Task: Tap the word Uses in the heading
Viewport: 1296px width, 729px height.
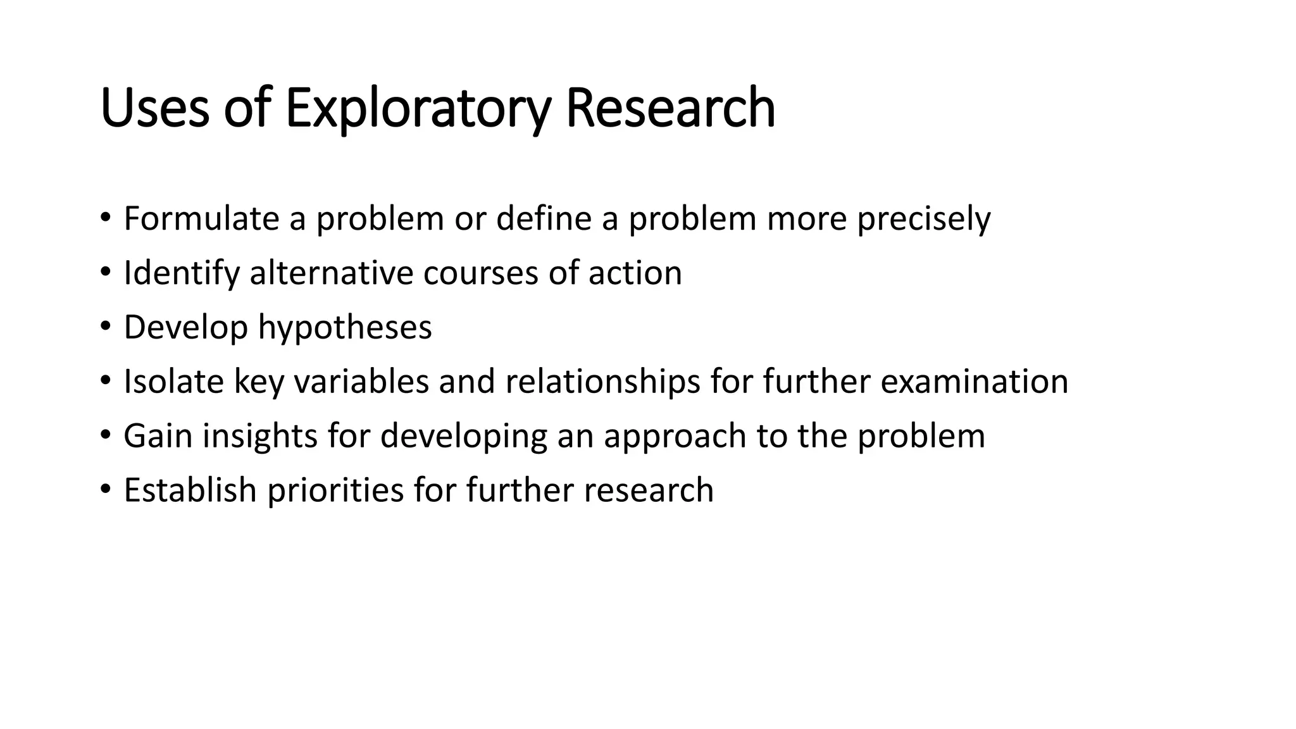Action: tap(154, 109)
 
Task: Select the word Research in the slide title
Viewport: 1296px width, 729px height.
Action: tap(670, 109)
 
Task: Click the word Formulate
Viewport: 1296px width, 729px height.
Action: tap(202, 219)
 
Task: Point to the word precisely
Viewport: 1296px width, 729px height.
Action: tap(924, 220)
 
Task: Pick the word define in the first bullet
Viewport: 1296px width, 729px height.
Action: tap(544, 219)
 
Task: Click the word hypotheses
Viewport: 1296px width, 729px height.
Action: tap(345, 328)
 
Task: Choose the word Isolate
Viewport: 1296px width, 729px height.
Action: tap(173, 382)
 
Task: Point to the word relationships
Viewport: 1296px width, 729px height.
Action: tap(602, 383)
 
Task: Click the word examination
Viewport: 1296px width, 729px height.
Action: tap(974, 382)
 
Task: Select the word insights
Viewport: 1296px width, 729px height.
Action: tap(259, 437)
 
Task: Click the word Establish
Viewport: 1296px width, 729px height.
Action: tap(190, 490)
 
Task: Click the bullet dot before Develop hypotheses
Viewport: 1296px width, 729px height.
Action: tap(105, 327)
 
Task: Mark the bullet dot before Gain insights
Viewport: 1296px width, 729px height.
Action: tap(105, 435)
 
